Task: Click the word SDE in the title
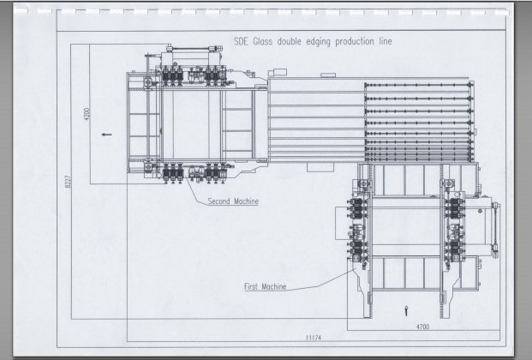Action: (241, 41)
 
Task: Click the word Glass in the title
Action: (263, 41)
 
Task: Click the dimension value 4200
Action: (87, 114)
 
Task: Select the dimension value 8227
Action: (68, 182)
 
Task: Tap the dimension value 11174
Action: (314, 338)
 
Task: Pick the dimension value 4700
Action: (422, 327)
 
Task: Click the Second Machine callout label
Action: (233, 201)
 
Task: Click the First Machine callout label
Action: (266, 286)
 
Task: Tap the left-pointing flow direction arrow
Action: (106, 135)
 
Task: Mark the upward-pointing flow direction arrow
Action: (406, 310)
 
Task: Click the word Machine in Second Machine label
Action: (245, 201)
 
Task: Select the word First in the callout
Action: (251, 286)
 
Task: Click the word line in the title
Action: (386, 41)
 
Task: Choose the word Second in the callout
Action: (218, 201)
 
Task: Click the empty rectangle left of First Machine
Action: (343, 223)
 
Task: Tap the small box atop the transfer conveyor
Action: (328, 75)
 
